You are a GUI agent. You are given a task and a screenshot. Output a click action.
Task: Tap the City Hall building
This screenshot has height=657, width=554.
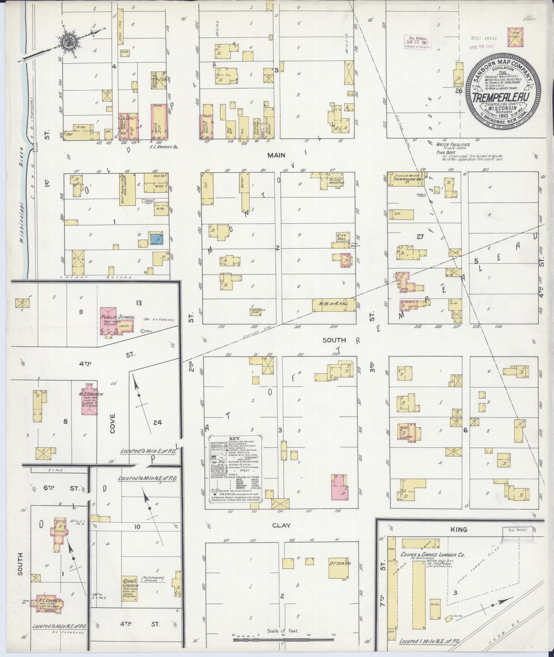[x=342, y=237]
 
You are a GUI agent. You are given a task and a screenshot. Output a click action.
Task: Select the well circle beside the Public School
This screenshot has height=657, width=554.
[x=143, y=331]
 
